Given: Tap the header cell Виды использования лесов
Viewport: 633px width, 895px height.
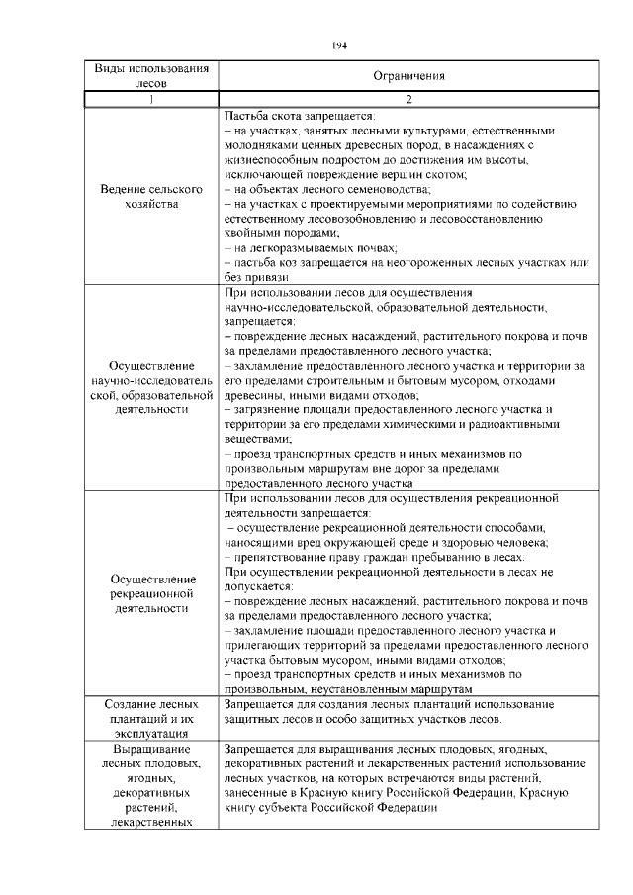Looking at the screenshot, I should click(x=152, y=75).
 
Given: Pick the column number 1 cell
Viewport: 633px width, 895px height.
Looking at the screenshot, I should click(x=152, y=99).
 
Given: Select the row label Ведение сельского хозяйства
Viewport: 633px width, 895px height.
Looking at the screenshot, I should click(x=152, y=196).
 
